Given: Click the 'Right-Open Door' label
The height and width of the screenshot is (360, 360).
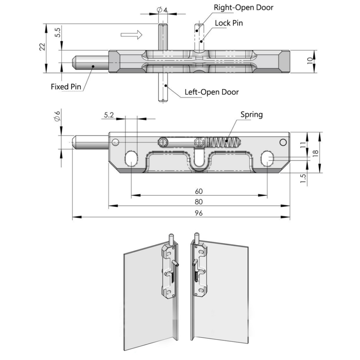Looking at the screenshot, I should (x=244, y=7).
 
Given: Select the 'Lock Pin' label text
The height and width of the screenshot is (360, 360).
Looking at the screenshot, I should (x=229, y=23).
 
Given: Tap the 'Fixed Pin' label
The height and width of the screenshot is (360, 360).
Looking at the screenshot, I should (x=66, y=86).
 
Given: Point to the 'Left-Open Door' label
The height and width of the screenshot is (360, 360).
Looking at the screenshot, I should (x=212, y=92).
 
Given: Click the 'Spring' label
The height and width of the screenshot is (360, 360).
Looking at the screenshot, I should (x=251, y=115).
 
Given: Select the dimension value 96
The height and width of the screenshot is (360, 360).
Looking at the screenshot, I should (x=199, y=213).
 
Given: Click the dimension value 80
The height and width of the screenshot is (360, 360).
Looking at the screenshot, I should (x=199, y=201).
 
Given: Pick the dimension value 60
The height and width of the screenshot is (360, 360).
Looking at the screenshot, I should (x=199, y=191).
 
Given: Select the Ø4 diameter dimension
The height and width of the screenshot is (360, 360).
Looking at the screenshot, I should (x=162, y=10).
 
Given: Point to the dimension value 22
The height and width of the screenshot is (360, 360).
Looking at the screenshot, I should (x=42, y=47).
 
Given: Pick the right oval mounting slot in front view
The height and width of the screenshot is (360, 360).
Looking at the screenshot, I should (x=268, y=158).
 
